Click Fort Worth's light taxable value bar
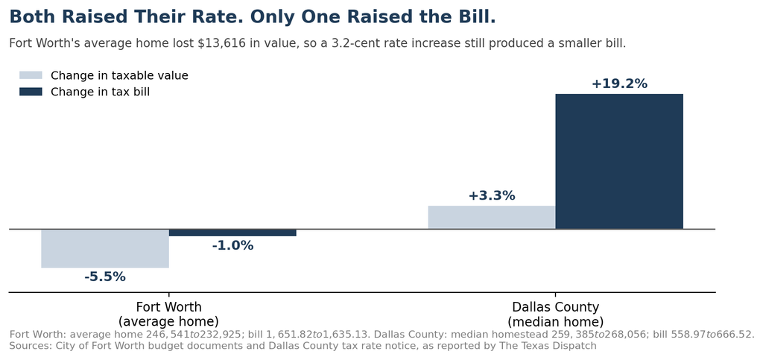[x=105, y=248]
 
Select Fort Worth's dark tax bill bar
[x=232, y=233]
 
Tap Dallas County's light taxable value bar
[x=492, y=217]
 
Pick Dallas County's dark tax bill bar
[x=619, y=161]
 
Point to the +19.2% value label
[x=619, y=83]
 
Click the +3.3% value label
[x=492, y=195]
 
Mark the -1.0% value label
[x=232, y=246]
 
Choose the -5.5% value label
[x=105, y=277]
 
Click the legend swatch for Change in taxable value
[x=31, y=75]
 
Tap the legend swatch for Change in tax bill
[x=31, y=92]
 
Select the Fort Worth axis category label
[x=168, y=315]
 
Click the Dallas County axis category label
[x=555, y=315]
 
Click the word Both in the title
[x=30, y=17]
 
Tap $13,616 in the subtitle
[x=221, y=43]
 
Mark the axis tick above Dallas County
[x=555, y=294]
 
